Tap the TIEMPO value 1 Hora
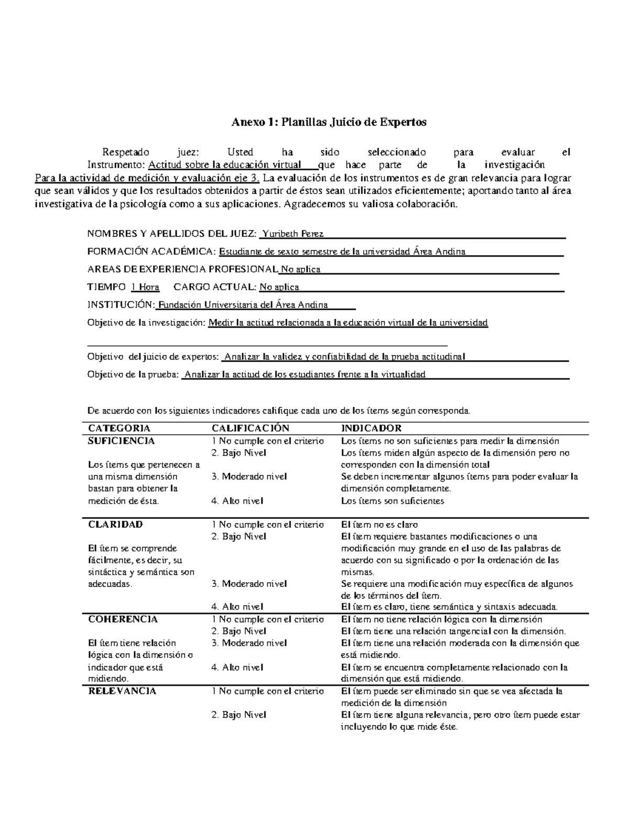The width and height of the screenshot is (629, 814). pyautogui.click(x=145, y=287)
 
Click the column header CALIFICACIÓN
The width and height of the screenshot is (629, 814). pyautogui.click(x=250, y=428)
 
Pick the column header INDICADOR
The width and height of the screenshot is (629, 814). pyautogui.click(x=371, y=428)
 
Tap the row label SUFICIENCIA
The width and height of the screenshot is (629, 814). pyautogui.click(x=121, y=441)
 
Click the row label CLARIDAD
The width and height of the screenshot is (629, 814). pyautogui.click(x=115, y=524)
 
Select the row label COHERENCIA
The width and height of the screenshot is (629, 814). pyautogui.click(x=123, y=619)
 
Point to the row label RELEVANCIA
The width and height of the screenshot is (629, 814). pyautogui.click(x=122, y=691)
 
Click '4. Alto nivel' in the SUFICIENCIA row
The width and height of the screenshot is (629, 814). pyautogui.click(x=237, y=501)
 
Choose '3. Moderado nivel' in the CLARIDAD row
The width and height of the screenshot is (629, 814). pyautogui.click(x=249, y=583)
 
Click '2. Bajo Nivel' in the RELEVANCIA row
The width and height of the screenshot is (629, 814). pyautogui.click(x=238, y=714)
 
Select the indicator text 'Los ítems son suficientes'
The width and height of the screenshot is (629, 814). pyautogui.click(x=392, y=501)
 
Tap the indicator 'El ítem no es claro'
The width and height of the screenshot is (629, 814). pyautogui.click(x=379, y=524)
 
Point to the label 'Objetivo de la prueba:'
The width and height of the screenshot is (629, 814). pyautogui.click(x=133, y=374)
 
